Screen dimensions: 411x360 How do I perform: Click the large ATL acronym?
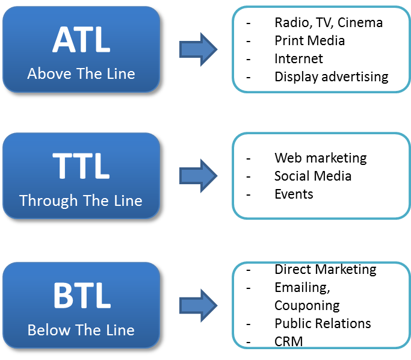(81, 40)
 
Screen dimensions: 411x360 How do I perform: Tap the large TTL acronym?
(81, 166)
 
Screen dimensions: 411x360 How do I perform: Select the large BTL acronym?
(82, 296)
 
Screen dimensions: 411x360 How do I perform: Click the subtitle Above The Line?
(81, 73)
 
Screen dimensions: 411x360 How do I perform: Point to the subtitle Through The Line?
(81, 201)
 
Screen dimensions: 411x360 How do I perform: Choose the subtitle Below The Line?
(81, 330)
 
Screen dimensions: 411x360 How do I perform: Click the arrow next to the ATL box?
(199, 49)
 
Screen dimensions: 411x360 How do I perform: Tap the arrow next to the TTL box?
(199, 176)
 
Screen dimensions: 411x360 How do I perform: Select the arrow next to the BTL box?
(199, 305)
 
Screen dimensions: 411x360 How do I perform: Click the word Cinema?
(360, 22)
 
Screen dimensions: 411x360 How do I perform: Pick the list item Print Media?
(309, 41)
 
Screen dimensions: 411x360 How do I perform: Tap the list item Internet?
(298, 58)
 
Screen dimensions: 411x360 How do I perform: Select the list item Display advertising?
(332, 77)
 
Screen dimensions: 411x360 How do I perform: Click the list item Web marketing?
(321, 158)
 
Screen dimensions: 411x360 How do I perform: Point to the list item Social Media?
(313, 176)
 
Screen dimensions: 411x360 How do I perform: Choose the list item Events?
(294, 194)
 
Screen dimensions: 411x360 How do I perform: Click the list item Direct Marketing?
(326, 270)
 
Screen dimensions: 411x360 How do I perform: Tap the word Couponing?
(307, 306)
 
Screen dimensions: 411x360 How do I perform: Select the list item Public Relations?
(323, 323)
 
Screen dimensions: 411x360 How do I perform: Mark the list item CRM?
(289, 342)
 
